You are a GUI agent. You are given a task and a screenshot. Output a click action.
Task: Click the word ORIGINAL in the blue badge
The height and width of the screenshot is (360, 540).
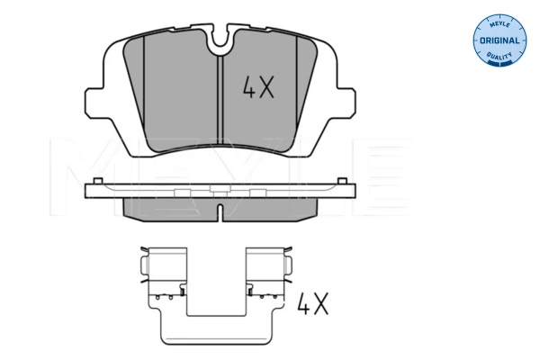499,40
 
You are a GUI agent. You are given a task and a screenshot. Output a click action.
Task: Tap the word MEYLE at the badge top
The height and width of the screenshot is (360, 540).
499,24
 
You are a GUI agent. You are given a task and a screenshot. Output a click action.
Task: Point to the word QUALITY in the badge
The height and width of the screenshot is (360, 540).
499,56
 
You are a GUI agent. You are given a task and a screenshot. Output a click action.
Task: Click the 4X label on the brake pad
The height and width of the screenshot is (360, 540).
258,87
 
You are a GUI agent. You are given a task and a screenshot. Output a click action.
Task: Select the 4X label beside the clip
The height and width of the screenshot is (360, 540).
313,303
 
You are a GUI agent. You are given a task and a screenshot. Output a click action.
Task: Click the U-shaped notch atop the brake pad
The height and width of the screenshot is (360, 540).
220,40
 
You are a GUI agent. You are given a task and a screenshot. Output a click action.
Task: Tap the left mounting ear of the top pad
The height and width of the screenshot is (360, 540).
95,103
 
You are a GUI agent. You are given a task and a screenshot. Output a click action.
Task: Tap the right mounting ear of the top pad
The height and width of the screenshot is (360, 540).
346,103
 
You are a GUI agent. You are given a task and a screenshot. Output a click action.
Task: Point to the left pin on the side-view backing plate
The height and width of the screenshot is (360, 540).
98,181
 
